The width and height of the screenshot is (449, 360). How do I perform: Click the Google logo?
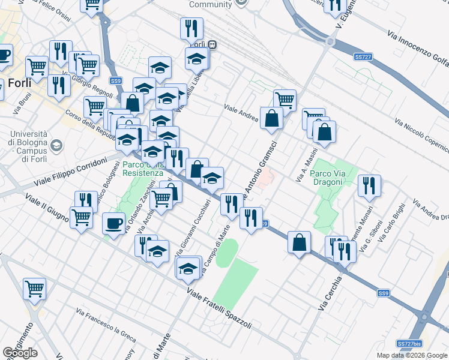pos(20,353)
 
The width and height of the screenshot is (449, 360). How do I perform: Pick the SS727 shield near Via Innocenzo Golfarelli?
pos(362,56)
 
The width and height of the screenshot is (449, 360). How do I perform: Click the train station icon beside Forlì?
pos(212,44)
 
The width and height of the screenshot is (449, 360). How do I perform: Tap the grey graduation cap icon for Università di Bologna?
pos(56,145)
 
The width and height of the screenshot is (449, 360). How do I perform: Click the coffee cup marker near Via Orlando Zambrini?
pos(113,224)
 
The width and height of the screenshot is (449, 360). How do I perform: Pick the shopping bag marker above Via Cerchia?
pos(299,242)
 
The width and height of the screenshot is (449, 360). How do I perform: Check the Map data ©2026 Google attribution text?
pos(412,355)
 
